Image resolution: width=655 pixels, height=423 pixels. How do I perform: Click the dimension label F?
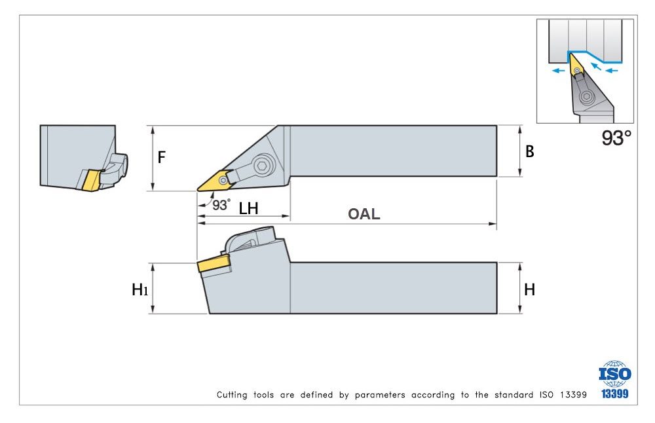coord(161,157)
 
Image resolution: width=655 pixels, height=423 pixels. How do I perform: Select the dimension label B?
coord(530,152)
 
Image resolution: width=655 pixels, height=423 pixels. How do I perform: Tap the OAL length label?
coord(364,213)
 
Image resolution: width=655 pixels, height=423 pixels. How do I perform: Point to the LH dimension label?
coord(248,208)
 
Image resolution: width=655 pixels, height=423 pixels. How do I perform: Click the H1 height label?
coord(139,289)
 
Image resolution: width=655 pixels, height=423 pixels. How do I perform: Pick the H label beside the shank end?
coord(529,289)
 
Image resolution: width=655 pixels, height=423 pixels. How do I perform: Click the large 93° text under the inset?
coord(616,138)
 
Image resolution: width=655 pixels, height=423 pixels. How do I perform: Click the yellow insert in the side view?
coord(214,264)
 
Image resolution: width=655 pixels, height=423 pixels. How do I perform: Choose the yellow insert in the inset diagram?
coord(575,65)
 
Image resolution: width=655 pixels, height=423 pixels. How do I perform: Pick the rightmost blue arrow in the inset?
coord(612,69)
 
